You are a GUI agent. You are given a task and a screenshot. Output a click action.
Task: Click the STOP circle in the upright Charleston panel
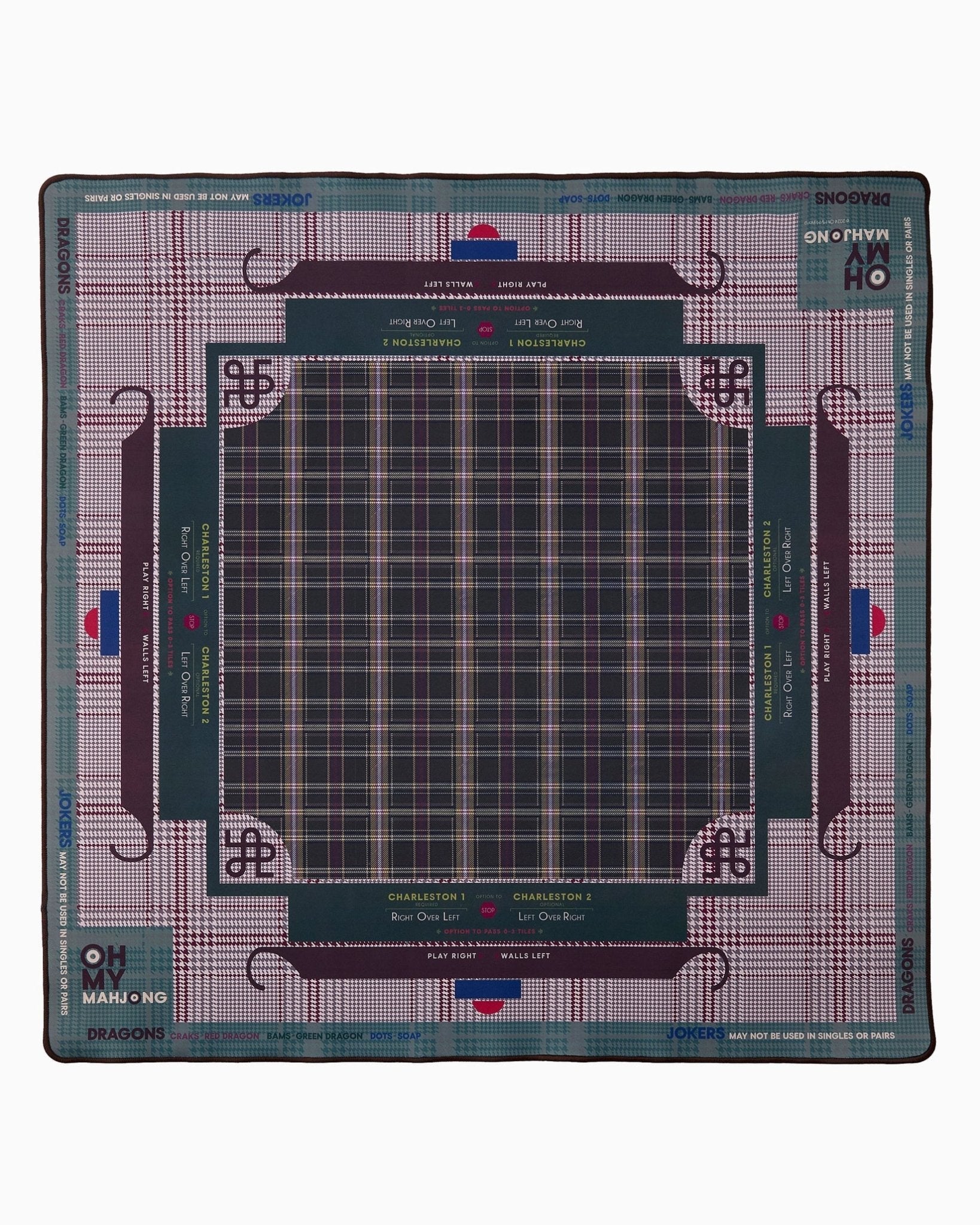click(x=488, y=910)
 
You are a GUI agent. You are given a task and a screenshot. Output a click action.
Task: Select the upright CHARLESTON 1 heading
click(x=427, y=897)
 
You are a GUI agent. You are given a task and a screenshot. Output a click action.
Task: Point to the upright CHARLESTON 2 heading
click(x=552, y=897)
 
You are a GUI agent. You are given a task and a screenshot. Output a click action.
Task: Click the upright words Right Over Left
click(x=425, y=916)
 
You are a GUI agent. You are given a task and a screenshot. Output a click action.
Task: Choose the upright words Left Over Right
click(x=551, y=916)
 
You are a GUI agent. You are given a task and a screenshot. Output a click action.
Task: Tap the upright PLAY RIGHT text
click(x=452, y=955)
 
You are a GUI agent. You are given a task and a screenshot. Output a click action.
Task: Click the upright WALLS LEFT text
click(x=525, y=955)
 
